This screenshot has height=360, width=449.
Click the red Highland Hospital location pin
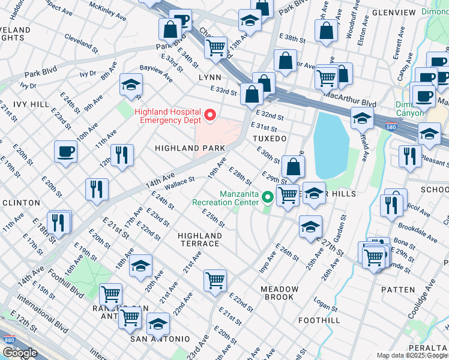[209, 114]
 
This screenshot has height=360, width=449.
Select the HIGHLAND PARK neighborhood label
[190, 148]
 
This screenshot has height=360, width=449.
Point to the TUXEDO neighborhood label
[269, 138]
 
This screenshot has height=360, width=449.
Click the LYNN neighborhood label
[210, 78]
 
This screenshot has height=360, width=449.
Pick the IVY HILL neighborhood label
[31, 104]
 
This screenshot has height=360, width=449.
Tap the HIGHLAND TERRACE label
[199, 240]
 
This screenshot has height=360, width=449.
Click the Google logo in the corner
[20, 353]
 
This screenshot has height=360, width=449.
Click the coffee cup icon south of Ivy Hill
[65, 152]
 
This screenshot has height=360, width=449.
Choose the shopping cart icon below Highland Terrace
[215, 280]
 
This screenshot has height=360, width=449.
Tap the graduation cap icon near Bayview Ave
[130, 85]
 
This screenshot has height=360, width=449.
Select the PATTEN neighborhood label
[397, 290]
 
